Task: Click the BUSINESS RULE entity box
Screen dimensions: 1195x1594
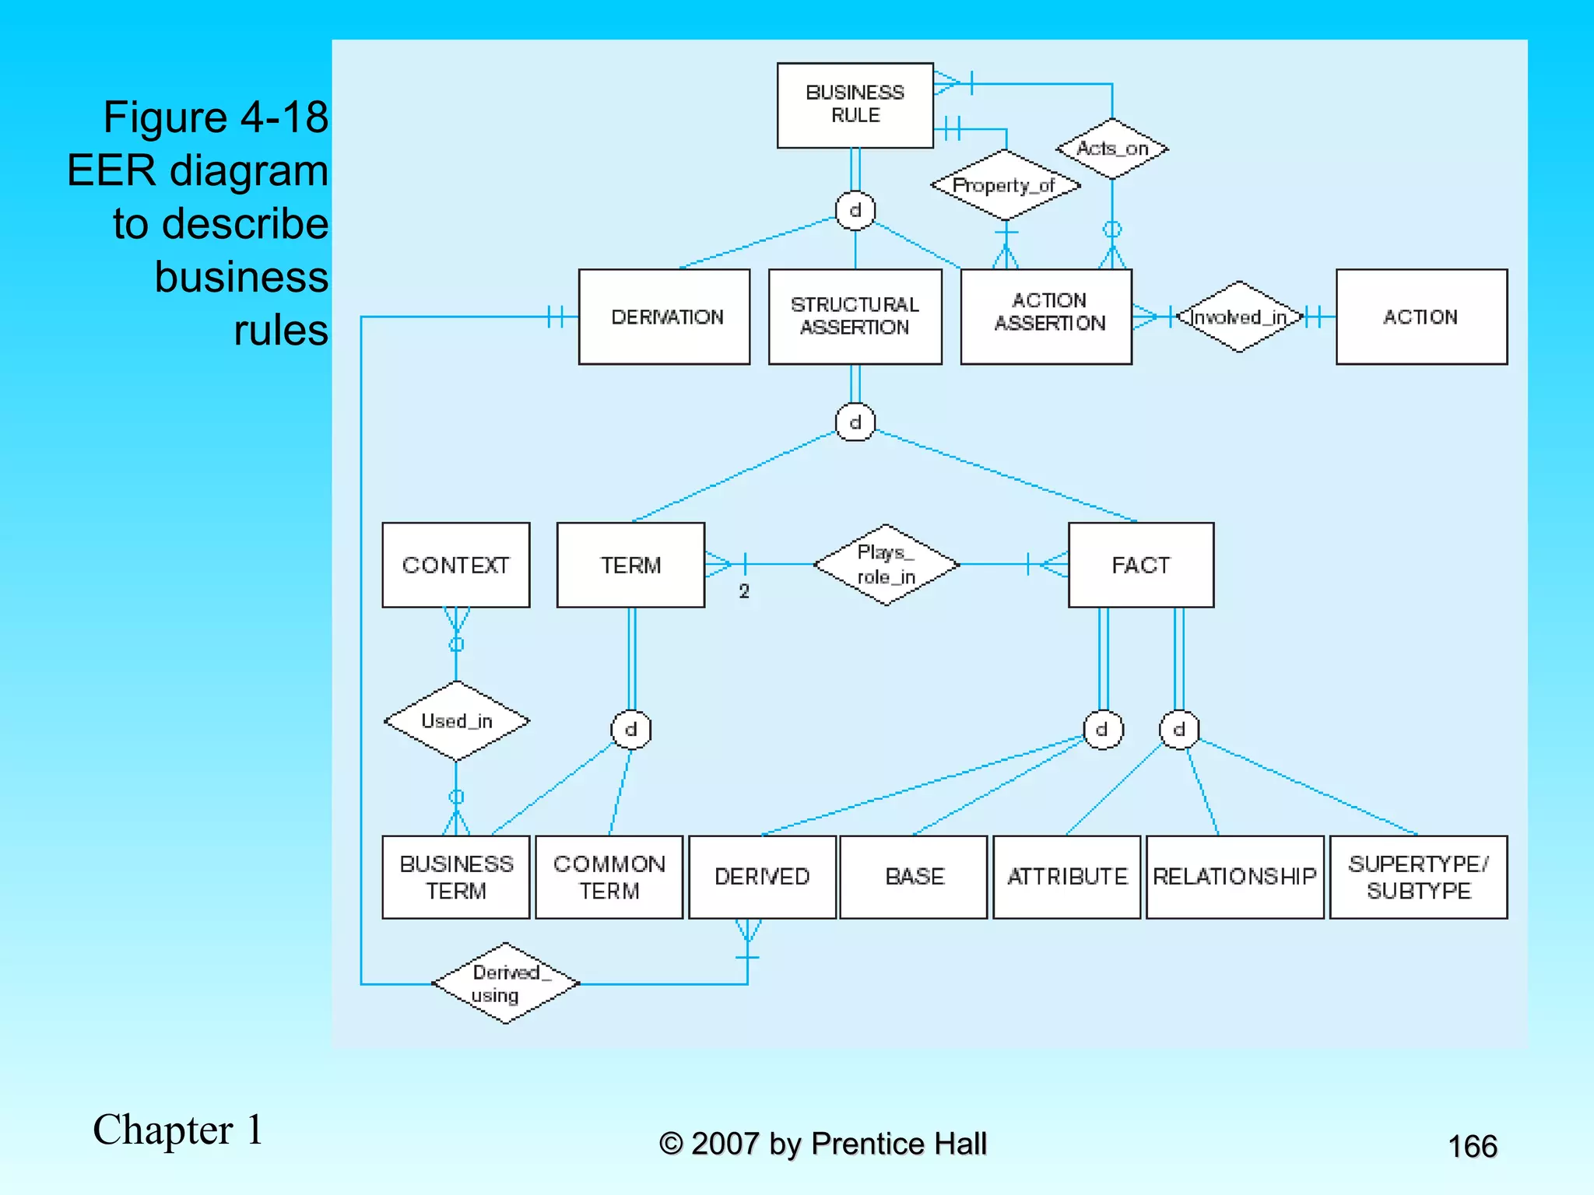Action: coord(855,105)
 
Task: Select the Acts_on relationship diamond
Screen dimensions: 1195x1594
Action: coord(1112,149)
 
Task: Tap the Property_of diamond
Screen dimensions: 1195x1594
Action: coord(1005,185)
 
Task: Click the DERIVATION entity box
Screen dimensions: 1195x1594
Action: coord(664,317)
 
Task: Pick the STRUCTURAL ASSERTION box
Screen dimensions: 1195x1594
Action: coord(855,317)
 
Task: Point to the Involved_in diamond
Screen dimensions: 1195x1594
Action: coord(1239,317)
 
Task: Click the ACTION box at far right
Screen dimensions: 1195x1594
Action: coord(1421,317)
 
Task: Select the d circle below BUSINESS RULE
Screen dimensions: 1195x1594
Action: coord(855,211)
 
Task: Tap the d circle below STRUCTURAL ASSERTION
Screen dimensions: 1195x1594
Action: coord(855,422)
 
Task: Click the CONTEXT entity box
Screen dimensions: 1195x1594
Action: coord(455,565)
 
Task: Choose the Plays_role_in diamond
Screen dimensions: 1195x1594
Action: coord(886,565)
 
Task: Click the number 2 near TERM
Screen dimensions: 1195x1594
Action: coord(744,591)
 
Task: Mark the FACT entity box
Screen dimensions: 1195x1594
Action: coord(1140,565)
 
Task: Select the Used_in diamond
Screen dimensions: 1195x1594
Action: coord(457,721)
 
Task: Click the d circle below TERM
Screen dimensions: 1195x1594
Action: coord(630,730)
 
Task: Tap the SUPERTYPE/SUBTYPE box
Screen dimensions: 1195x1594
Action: coord(1418,877)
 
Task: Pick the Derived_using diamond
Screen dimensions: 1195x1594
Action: coord(505,983)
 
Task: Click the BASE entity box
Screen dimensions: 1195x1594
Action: coord(914,877)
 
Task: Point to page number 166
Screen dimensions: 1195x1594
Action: coord(1472,1146)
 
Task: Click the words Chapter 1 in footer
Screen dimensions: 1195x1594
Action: coord(178,1130)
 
